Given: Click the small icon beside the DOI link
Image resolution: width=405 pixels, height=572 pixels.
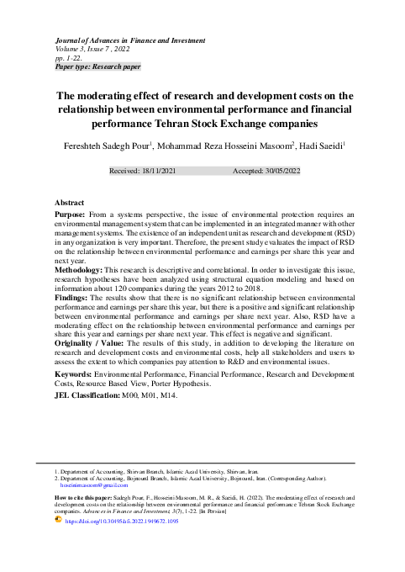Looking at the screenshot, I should coord(58,521).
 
